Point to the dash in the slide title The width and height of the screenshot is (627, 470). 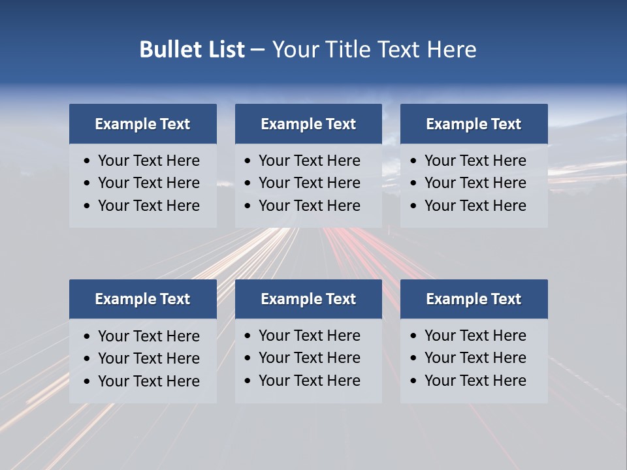(257, 50)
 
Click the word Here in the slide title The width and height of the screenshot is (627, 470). (451, 50)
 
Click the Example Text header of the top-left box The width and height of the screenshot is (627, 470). (142, 124)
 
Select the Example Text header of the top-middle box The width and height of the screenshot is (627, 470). (308, 124)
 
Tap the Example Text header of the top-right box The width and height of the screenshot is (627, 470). (474, 124)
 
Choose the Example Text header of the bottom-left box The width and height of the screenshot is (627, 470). (142, 299)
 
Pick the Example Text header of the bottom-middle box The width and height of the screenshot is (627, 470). (308, 299)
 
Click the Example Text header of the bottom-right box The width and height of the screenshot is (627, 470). (474, 299)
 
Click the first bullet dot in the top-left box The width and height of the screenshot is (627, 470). (88, 161)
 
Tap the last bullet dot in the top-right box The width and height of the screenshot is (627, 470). (414, 206)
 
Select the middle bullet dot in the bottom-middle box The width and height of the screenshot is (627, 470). (248, 358)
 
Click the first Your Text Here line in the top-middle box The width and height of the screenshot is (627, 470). (309, 161)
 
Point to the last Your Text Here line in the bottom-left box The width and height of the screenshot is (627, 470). (148, 381)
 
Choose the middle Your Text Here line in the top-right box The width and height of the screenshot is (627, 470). (475, 183)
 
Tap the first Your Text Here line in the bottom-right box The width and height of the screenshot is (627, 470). (475, 336)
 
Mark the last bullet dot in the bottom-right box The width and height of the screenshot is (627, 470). (414, 381)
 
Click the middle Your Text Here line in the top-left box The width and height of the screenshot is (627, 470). (148, 183)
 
